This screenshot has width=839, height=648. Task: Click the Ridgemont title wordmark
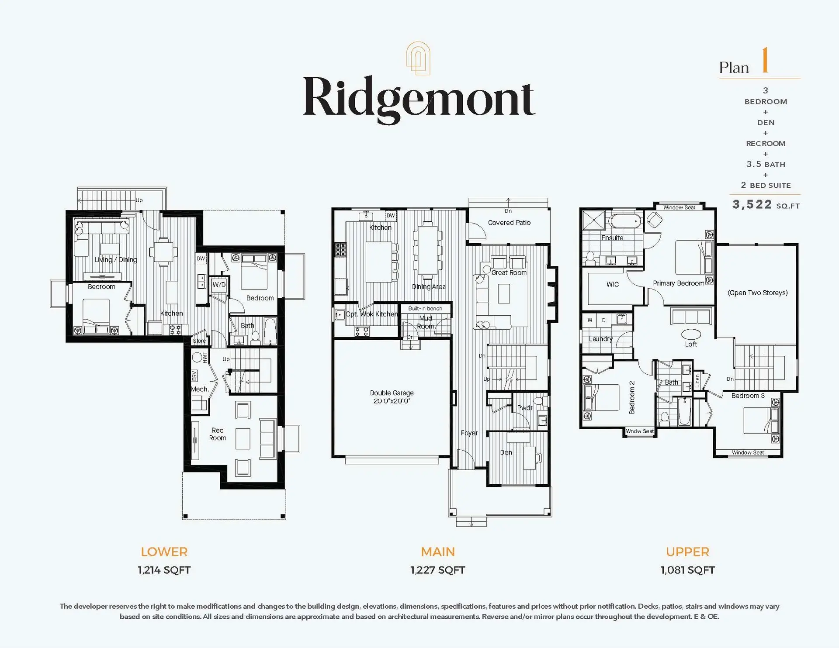coord(419,99)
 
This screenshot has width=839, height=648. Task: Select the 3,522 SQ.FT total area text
coord(766,204)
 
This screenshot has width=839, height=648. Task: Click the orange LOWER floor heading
coord(164,552)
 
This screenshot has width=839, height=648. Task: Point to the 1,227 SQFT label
coord(437,570)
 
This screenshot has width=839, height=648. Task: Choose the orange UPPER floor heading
coord(687,552)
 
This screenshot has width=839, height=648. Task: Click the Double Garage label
coord(392,393)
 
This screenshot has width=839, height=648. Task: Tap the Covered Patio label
coord(509,223)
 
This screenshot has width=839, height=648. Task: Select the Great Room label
coord(509,272)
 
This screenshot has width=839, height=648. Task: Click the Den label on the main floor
coord(506,452)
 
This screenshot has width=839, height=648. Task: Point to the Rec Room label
coord(217,434)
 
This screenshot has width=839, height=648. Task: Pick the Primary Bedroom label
coord(678,283)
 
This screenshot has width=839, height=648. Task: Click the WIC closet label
coord(613,284)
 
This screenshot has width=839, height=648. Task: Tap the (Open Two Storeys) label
coord(758,293)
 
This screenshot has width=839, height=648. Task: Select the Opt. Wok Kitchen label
coord(371,314)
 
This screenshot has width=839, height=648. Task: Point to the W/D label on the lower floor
coord(219,285)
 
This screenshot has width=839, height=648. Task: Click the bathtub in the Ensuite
coord(626,221)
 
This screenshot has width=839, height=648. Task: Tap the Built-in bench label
coord(425,308)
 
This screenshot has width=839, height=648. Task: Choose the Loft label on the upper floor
coord(691,344)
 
